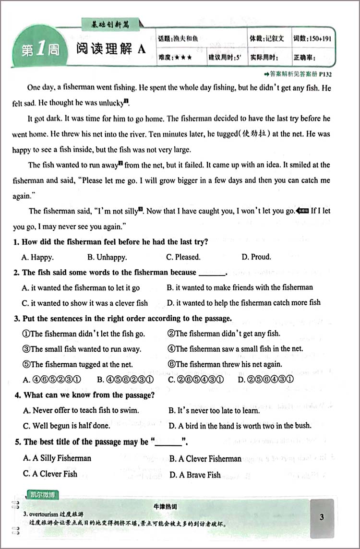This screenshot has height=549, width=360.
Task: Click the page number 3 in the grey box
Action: coord(321,517)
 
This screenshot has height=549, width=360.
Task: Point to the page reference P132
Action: coord(325,74)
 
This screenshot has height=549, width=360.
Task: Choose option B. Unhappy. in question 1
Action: coord(107,257)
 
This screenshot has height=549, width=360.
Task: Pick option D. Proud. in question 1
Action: coord(256,257)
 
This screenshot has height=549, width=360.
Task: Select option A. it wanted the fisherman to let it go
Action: coord(81,288)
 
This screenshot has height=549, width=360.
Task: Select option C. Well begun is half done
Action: coord(66,425)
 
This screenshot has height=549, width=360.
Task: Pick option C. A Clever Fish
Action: coord(50,474)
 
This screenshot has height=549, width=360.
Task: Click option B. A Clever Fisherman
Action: coord(205,459)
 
